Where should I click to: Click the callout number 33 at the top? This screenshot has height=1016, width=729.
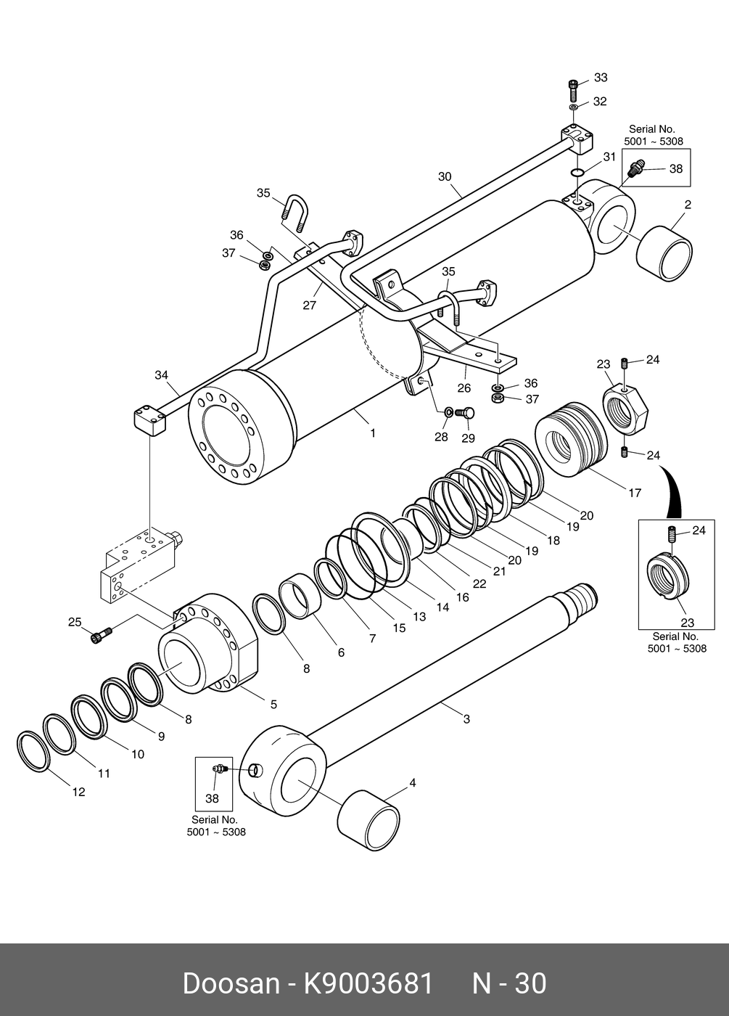(x=601, y=78)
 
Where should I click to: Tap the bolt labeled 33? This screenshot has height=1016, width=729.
(x=574, y=91)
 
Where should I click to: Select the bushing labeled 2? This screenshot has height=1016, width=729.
(x=664, y=253)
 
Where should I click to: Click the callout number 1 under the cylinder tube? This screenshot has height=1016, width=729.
(x=373, y=433)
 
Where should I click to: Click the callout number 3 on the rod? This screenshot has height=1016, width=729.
(x=466, y=719)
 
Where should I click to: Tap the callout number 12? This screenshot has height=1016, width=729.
(x=78, y=792)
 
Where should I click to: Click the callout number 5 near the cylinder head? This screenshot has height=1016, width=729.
(x=273, y=704)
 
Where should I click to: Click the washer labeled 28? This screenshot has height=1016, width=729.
(x=449, y=412)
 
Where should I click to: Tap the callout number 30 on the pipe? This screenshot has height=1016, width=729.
(x=445, y=176)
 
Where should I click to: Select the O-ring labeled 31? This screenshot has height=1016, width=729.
(x=577, y=172)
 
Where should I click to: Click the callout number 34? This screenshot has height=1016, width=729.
(x=161, y=375)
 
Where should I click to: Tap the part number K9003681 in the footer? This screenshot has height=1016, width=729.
(x=368, y=983)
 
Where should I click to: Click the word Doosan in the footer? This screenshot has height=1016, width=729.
(x=231, y=983)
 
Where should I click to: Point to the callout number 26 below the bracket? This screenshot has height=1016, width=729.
(x=464, y=389)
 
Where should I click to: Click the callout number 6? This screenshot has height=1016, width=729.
(x=341, y=652)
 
